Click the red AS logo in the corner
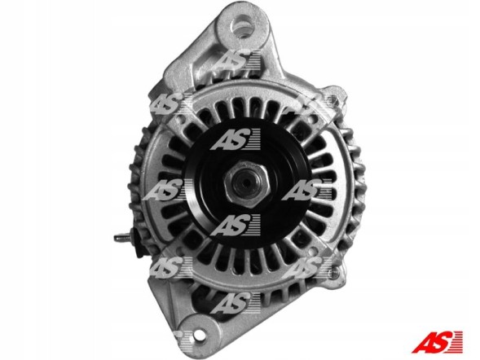point(437,342)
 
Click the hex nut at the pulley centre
point(247,184)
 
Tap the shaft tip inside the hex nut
point(246,182)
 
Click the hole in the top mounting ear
point(242,26)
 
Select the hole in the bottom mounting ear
point(199,334)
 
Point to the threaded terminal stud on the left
point(122,237)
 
